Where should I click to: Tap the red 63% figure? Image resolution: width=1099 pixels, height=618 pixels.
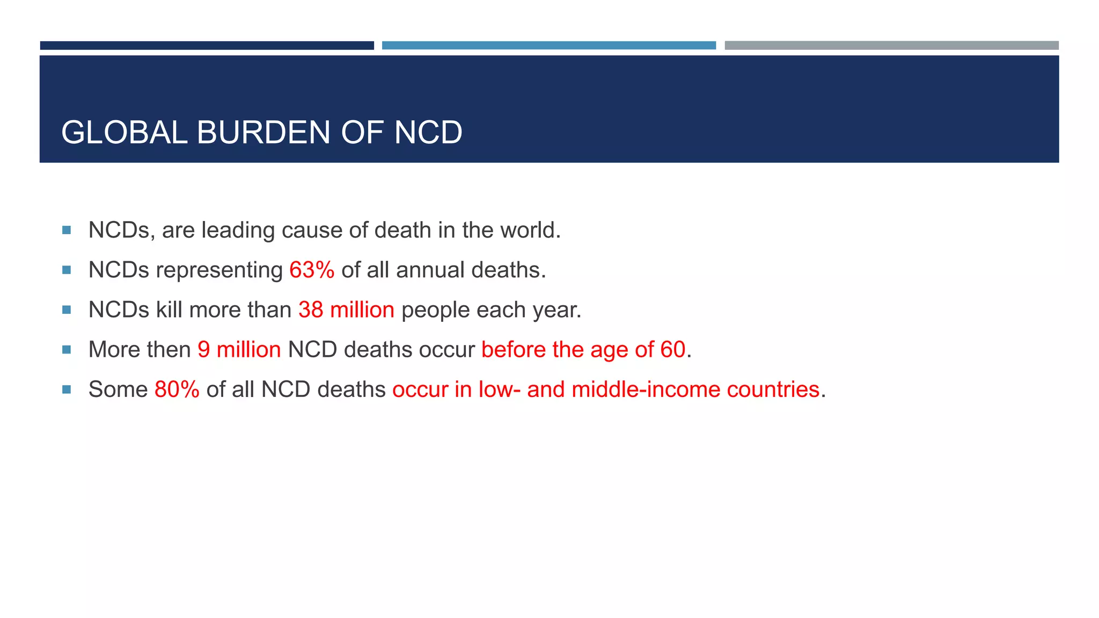pos(312,270)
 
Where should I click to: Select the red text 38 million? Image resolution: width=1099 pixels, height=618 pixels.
pos(346,310)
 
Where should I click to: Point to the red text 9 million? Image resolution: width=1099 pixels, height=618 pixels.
pos(239,350)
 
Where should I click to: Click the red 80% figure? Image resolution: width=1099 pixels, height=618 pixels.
pos(177,389)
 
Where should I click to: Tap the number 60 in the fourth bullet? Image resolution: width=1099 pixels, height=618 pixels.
pos(673,350)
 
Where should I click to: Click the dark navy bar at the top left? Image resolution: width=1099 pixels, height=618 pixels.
pos(207,46)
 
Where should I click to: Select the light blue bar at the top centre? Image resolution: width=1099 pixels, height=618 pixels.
pos(548,46)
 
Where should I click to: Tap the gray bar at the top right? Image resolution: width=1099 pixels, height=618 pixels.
pos(891,46)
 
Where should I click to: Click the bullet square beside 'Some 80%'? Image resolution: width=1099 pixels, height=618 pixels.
pos(67,389)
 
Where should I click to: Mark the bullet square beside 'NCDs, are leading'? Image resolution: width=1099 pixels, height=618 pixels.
pos(67,230)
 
